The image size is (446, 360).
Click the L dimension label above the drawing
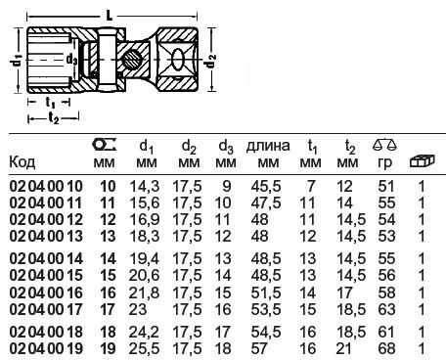110,15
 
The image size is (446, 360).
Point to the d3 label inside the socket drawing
71,60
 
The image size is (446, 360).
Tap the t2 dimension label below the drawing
54,117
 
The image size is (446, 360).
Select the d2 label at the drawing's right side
211,61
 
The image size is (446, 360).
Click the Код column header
22,161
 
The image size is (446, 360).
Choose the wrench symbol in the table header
105,144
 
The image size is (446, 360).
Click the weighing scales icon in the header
384,144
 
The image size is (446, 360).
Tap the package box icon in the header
422,160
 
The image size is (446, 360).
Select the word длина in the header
268,146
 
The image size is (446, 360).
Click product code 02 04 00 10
46,186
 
